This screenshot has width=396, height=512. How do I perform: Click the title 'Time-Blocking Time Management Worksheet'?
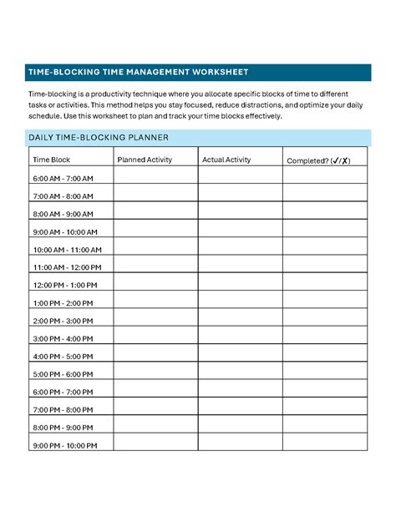(138, 72)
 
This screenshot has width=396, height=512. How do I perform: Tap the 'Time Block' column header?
(51, 159)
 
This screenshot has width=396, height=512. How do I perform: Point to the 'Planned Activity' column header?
(145, 159)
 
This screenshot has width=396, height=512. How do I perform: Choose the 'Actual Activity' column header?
(226, 159)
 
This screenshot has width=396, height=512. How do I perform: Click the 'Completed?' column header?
(318, 160)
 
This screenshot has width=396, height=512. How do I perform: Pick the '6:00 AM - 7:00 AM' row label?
(63, 179)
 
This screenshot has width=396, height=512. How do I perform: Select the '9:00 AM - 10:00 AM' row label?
(65, 232)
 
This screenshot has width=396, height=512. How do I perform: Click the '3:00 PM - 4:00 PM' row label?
(63, 339)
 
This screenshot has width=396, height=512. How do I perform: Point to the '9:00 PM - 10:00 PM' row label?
(65, 446)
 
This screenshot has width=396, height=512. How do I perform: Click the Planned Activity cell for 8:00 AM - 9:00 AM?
(155, 214)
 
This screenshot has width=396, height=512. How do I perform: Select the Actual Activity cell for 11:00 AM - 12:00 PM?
(240, 267)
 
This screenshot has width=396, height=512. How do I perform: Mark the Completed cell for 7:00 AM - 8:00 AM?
(324, 196)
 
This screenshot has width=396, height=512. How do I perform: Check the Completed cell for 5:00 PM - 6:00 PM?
(324, 374)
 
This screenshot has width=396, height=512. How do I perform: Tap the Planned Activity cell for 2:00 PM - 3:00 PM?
(155, 321)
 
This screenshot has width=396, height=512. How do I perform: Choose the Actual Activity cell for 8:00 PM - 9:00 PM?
(240, 428)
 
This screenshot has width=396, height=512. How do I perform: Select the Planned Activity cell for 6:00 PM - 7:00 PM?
(155, 392)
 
